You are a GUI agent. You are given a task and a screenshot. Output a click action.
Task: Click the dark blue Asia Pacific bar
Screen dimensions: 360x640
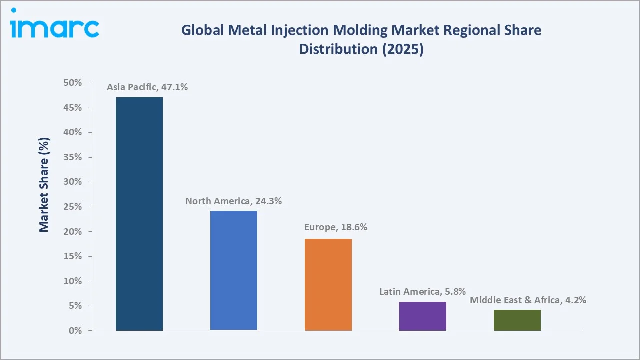(139, 214)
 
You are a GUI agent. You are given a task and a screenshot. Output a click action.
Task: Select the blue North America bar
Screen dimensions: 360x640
(233, 270)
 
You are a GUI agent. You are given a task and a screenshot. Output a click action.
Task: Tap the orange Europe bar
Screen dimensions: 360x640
(328, 284)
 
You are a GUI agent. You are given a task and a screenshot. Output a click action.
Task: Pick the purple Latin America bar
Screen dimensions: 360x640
(423, 316)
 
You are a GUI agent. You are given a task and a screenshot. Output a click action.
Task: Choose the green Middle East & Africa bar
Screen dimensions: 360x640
(517, 320)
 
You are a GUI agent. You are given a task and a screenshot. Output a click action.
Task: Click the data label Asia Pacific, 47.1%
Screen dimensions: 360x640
(147, 87)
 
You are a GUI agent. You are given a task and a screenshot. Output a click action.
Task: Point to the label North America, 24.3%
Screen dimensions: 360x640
(234, 201)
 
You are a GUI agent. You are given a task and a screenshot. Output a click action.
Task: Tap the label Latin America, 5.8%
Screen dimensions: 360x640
(422, 291)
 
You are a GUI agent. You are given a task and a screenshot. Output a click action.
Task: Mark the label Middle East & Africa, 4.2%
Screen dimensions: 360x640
(528, 300)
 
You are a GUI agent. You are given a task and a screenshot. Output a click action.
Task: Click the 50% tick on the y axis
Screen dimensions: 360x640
(72, 83)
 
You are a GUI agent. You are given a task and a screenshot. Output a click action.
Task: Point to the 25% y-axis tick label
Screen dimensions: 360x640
(72, 207)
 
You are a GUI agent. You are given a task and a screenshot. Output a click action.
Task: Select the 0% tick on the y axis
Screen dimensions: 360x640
(75, 331)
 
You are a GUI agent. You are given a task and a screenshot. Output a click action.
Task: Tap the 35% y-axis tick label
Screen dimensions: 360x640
(72, 158)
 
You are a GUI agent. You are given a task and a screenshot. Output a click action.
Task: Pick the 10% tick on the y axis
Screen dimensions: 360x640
(72, 281)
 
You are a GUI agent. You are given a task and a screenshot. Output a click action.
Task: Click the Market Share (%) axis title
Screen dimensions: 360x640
(44, 185)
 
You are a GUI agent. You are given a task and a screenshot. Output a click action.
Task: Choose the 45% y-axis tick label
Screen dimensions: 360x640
(72, 108)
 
